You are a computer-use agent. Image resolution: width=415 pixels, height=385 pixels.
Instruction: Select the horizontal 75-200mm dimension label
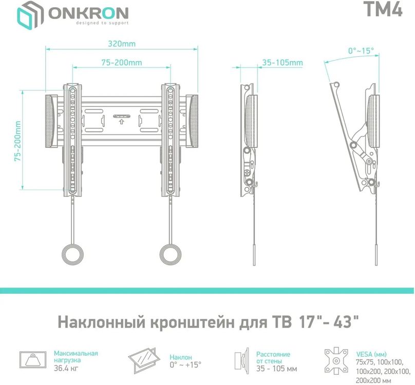click(121, 62)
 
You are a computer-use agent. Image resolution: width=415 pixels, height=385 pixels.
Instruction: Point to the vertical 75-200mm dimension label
click(18, 142)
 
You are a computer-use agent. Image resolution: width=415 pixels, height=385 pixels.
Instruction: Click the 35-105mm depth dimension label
click(282, 62)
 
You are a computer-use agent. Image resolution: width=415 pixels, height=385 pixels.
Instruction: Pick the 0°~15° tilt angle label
click(361, 51)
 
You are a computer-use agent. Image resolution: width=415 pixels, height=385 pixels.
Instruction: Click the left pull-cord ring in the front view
click(73, 254)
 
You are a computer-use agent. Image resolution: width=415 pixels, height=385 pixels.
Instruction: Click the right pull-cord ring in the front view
click(171, 254)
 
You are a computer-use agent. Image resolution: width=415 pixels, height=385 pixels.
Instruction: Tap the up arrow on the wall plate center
click(121, 122)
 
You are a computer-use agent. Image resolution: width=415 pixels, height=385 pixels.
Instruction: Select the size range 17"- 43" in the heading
click(327, 323)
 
